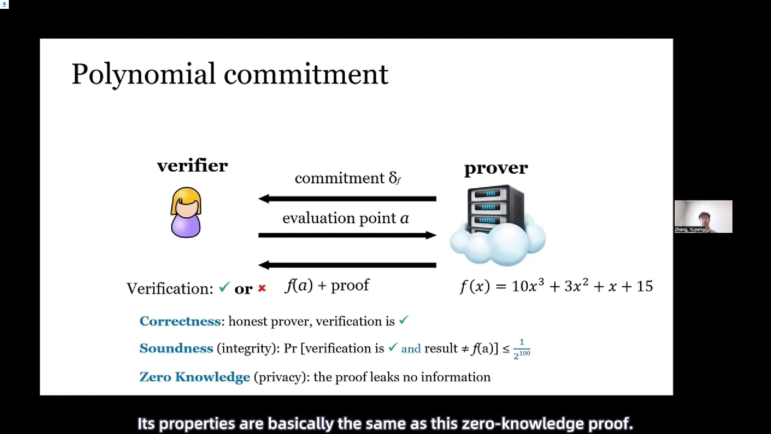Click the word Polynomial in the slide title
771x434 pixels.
click(x=144, y=74)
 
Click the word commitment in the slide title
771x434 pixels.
click(x=306, y=74)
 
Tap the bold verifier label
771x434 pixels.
click(x=192, y=166)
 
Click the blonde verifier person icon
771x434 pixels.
click(x=186, y=212)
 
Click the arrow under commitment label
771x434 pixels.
click(x=347, y=199)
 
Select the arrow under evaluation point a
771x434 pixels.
click(x=347, y=235)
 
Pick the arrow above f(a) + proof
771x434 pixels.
click(x=347, y=265)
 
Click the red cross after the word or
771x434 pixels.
click(x=262, y=288)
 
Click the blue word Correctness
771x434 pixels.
click(x=180, y=321)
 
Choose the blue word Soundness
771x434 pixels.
click(x=176, y=348)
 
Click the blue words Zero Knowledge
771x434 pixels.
click(x=195, y=377)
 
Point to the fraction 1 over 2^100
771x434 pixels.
click(x=522, y=349)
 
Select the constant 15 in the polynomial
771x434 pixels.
click(x=645, y=286)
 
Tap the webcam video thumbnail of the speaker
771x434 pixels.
click(x=703, y=217)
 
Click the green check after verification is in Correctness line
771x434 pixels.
click(x=404, y=320)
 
